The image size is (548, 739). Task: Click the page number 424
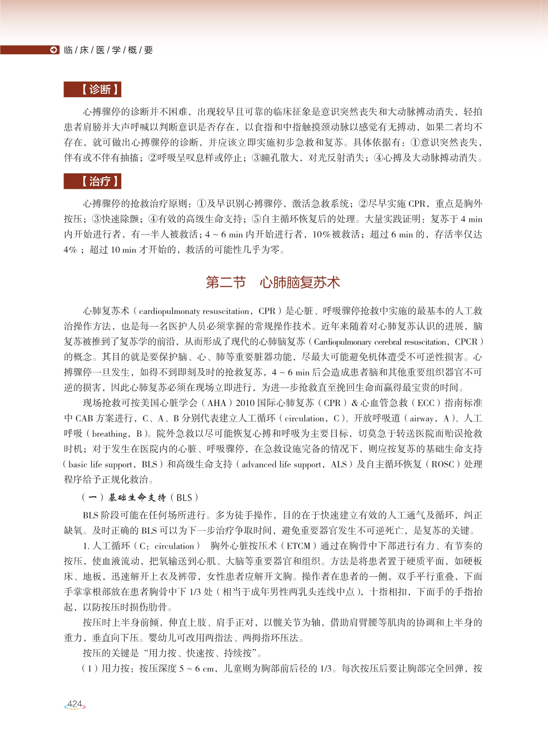click(x=75, y=704)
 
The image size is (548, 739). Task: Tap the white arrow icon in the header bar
click(x=54, y=50)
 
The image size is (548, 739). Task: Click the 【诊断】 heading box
click(x=92, y=89)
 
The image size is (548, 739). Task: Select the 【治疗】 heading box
click(x=92, y=182)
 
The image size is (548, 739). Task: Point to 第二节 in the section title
click(x=226, y=283)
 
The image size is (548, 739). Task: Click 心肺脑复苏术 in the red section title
click(x=300, y=283)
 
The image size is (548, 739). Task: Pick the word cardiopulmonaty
click(x=169, y=311)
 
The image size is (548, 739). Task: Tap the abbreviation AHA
click(x=217, y=403)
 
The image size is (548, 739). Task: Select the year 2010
click(x=245, y=403)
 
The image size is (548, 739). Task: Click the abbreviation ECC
click(x=426, y=403)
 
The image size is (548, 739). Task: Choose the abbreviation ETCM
click(x=298, y=546)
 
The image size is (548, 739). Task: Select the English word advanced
click(x=259, y=465)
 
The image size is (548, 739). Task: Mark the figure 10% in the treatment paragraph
click(x=321, y=234)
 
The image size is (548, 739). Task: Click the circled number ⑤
click(x=256, y=219)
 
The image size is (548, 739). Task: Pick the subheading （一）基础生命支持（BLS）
click(x=140, y=498)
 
